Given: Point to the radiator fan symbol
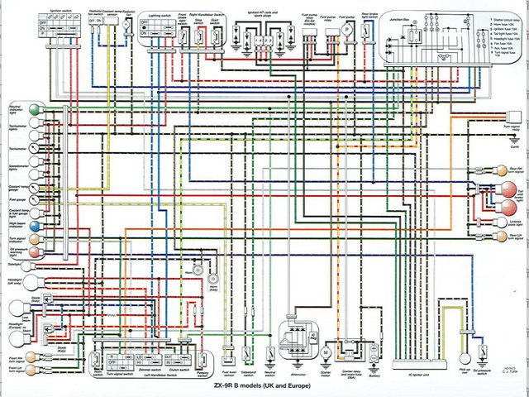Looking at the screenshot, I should pyautogui.click(x=126, y=26).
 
